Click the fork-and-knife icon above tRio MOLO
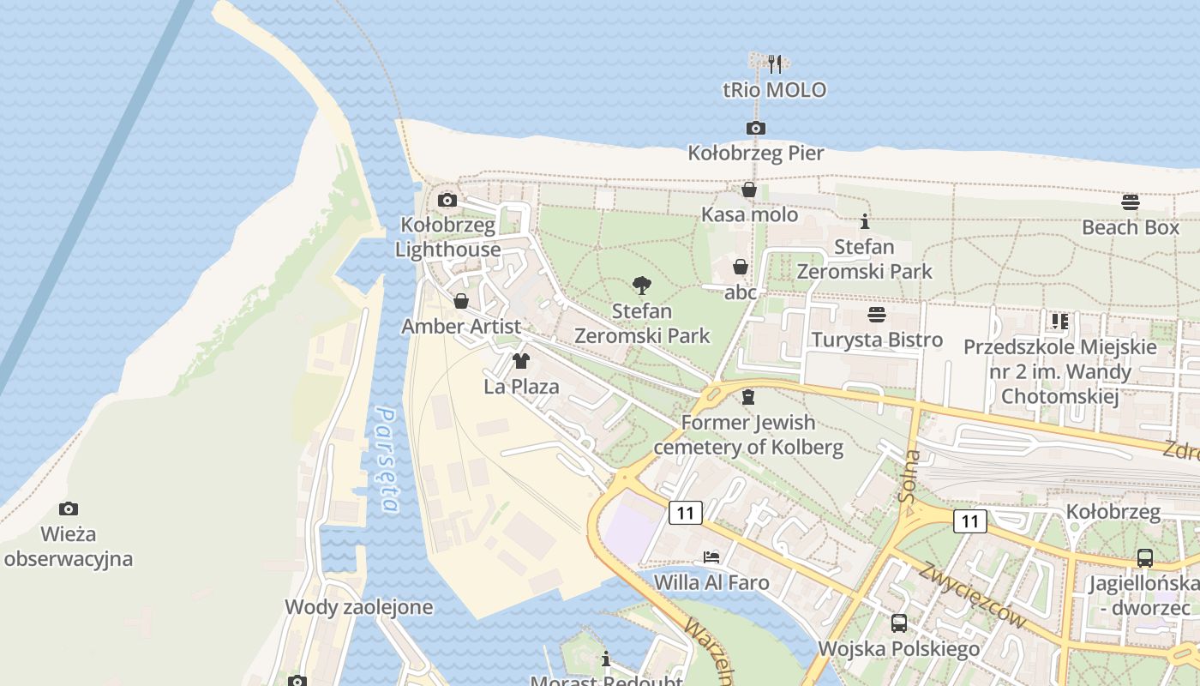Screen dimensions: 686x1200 (x=775, y=63)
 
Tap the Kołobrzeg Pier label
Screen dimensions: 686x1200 (x=756, y=153)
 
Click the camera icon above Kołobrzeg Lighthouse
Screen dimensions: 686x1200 (x=447, y=201)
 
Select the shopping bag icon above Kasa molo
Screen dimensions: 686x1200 (x=749, y=190)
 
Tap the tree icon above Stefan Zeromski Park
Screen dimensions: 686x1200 (x=641, y=286)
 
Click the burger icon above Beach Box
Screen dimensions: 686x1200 (x=1131, y=202)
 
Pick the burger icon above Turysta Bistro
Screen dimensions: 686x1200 (x=876, y=315)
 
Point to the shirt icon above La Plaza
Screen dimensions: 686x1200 (x=521, y=361)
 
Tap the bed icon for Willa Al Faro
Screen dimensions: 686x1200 (x=711, y=557)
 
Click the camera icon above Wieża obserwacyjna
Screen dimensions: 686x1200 (x=68, y=509)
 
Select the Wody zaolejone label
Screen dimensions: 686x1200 (x=358, y=607)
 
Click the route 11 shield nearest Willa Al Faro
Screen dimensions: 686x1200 (x=684, y=513)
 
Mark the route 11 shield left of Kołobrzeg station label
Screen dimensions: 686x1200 (x=969, y=521)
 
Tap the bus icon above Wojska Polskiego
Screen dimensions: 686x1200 (x=898, y=623)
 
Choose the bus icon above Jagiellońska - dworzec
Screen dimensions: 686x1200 (x=1144, y=558)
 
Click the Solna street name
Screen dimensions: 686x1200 (x=910, y=476)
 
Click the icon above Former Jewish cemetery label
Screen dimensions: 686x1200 (x=747, y=397)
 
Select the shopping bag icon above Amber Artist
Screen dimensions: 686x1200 (x=461, y=301)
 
